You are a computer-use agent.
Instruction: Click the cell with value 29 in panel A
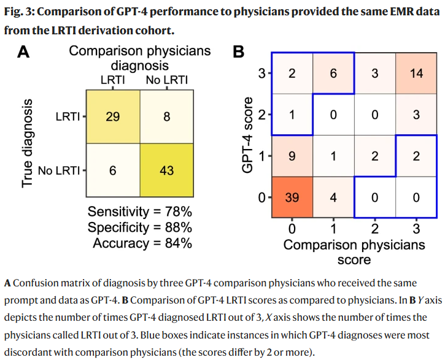point(113,116)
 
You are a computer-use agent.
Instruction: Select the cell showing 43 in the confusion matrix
point(166,170)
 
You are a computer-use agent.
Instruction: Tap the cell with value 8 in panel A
point(166,116)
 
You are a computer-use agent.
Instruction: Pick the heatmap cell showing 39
point(292,197)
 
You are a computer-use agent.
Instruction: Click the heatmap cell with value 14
point(417,74)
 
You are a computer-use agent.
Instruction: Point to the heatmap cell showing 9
point(292,156)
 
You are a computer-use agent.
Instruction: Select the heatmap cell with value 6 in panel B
point(333,74)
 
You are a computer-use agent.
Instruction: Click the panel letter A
point(23,52)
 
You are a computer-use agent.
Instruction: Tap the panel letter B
point(239,52)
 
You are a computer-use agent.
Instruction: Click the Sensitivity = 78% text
point(140,212)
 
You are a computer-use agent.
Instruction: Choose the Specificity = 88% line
point(140,228)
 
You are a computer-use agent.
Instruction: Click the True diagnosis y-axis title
point(27,143)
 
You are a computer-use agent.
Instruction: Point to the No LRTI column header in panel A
point(166,80)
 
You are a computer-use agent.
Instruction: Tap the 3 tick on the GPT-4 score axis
point(261,74)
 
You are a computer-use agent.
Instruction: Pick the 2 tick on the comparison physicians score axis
point(374,229)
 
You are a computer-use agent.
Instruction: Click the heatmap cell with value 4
point(333,197)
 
